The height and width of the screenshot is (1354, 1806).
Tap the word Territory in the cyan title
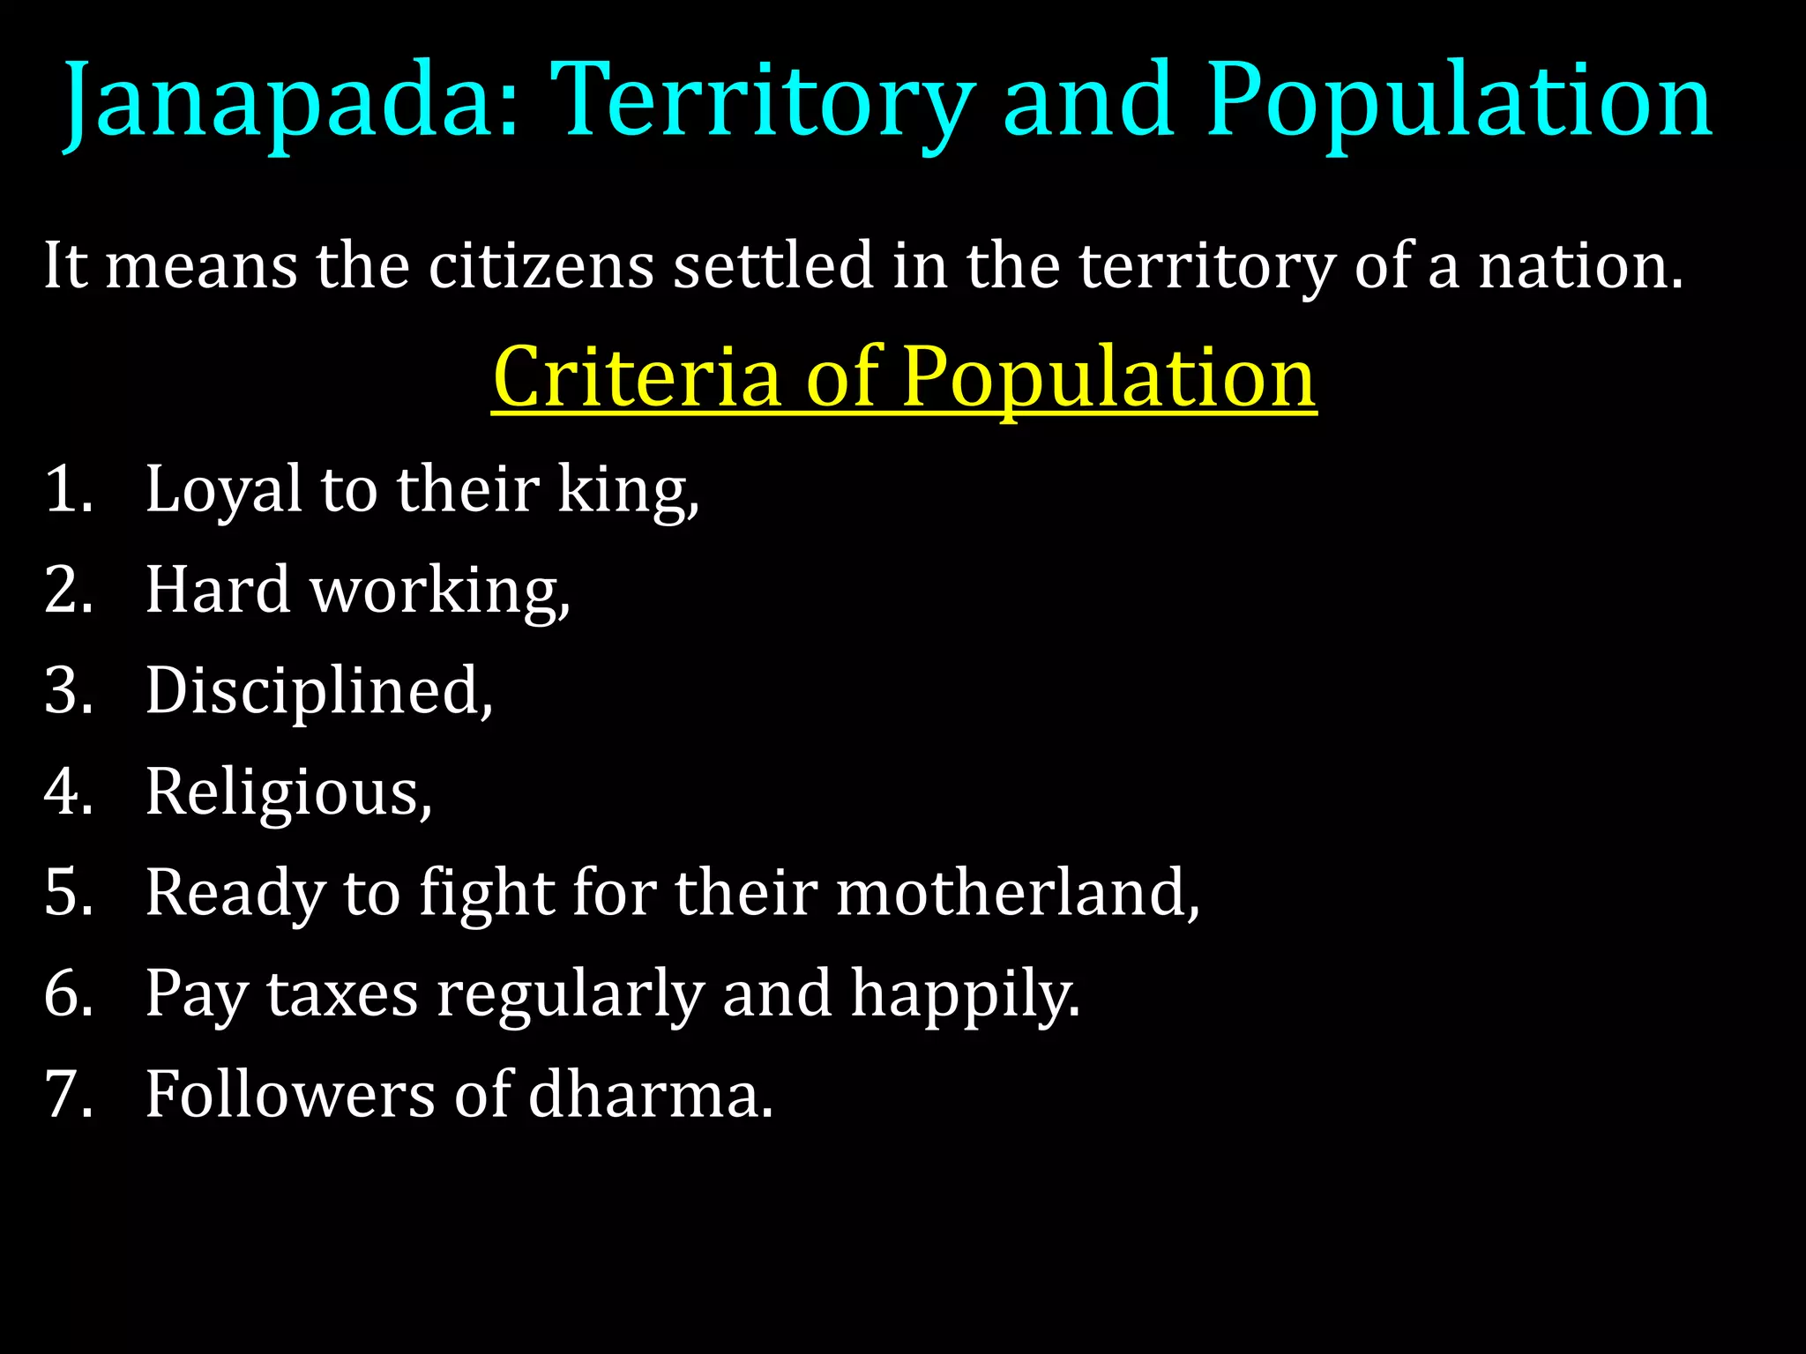click(x=763, y=101)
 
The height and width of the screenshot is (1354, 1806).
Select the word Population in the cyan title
click(x=1459, y=101)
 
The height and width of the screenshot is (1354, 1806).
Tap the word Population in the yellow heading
click(x=1108, y=376)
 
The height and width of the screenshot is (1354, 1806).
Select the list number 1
click(x=68, y=489)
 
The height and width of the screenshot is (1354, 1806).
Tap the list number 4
click(x=68, y=791)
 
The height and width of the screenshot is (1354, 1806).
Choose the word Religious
click(x=288, y=791)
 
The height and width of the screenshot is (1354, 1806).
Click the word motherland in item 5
click(x=1017, y=892)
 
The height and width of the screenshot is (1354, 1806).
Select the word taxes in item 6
click(x=342, y=993)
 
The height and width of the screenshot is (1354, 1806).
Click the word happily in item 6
click(x=965, y=993)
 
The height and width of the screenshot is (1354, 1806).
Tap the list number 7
click(x=68, y=1094)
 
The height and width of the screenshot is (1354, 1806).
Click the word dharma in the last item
click(x=650, y=1094)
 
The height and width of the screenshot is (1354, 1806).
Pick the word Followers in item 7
click(x=290, y=1094)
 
